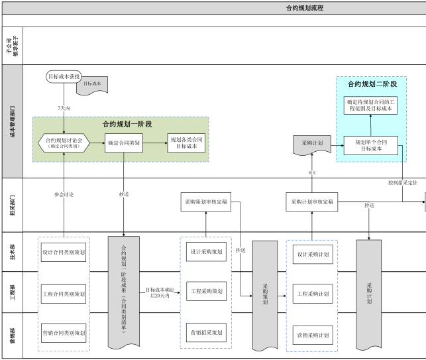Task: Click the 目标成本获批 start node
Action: (64, 77)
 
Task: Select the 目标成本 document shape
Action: (92, 84)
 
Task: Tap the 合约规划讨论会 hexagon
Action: (64, 143)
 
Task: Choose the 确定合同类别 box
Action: (124, 143)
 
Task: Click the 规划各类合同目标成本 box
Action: (186, 143)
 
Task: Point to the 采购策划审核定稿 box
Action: (205, 202)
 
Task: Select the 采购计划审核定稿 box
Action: (312, 202)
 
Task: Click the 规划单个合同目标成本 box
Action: (370, 145)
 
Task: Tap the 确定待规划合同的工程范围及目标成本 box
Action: (370, 105)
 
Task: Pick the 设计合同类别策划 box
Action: (64, 253)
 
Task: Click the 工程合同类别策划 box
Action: (64, 292)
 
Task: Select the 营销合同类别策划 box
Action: (64, 332)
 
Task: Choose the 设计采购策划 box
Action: (206, 253)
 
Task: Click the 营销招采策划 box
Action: (206, 332)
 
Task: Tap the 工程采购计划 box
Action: (313, 293)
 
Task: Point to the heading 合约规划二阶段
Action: (372, 84)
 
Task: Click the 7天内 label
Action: (64, 107)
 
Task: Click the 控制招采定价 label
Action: (402, 182)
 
